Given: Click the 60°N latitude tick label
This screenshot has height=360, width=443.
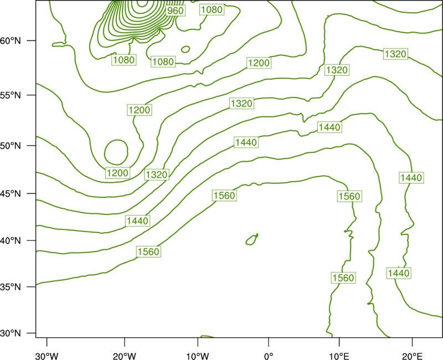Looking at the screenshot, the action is (11, 40).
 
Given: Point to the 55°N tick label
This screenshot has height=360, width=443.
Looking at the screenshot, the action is (11, 95).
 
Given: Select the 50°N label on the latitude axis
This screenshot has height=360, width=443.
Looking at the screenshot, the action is (11, 146).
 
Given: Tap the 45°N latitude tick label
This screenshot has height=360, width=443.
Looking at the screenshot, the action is (11, 193).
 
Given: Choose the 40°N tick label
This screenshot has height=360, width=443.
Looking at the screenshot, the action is (11, 240).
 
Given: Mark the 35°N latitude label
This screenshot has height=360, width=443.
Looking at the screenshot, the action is (11, 287).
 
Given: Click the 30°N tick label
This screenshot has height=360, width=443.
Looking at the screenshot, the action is (11, 333).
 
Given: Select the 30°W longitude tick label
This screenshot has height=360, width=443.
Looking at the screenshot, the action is (47, 356).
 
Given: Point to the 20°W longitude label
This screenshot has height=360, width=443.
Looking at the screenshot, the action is (125, 356).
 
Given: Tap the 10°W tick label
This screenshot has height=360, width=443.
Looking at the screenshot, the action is (198, 356).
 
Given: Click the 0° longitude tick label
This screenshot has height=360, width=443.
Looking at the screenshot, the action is (269, 356).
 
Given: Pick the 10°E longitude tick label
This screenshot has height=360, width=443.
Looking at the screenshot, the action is (339, 356).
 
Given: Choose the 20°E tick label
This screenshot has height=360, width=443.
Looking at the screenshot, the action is (412, 356).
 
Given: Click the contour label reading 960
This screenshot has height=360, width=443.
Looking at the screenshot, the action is (175, 11).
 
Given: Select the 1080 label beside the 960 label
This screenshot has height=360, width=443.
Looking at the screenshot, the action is (212, 9).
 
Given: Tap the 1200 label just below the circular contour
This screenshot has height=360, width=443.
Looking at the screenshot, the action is (117, 173).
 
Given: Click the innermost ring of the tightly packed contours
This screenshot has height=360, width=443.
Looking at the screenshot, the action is (142, 6).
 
